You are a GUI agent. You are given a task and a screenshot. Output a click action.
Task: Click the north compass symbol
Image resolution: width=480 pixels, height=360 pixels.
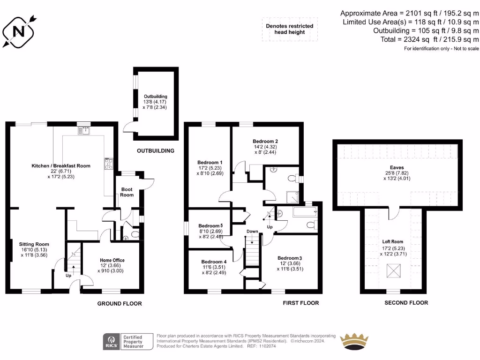(x=19, y=31)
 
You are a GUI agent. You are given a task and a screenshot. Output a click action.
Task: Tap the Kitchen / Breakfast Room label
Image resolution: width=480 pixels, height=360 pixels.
(x=61, y=166)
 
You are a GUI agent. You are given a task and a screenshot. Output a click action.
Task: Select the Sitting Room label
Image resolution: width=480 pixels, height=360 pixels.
(x=34, y=244)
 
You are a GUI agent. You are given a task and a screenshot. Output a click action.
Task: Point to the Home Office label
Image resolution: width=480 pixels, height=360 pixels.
(x=112, y=260)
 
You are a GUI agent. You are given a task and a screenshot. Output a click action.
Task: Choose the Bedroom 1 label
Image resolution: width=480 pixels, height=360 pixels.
(x=210, y=162)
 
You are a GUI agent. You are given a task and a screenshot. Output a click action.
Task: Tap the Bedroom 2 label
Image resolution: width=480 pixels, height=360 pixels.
(x=265, y=141)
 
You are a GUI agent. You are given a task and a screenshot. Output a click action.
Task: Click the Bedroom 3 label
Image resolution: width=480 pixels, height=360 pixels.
(x=290, y=258)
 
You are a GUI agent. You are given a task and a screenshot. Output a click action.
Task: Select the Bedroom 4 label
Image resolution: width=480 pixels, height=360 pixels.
(x=214, y=262)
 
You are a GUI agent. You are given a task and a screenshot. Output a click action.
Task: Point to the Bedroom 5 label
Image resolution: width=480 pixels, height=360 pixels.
(x=210, y=225)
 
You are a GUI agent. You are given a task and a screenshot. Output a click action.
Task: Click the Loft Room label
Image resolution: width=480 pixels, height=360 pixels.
(x=393, y=242)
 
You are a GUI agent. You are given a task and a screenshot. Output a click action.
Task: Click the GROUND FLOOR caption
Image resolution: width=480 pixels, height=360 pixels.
(x=120, y=304)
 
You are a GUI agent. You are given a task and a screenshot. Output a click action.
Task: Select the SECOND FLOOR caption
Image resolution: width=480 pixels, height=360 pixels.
(x=406, y=303)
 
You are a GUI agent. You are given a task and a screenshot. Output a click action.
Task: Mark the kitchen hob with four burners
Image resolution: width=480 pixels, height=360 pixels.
(x=109, y=164)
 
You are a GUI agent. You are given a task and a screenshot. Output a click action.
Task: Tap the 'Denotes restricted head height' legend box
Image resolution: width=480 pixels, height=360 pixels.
(x=289, y=29)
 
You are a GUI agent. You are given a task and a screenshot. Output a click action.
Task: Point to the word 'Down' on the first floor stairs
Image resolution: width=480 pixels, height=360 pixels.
(x=252, y=232)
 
